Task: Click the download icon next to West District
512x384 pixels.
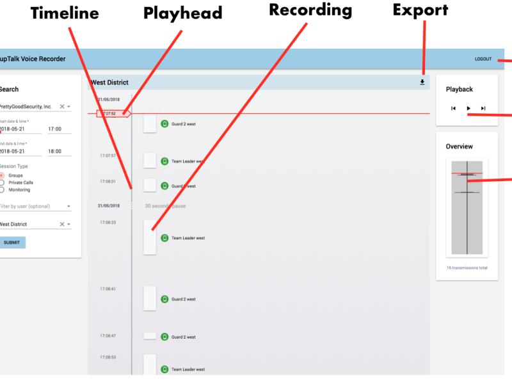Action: tap(422, 82)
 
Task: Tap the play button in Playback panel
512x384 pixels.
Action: tap(468, 108)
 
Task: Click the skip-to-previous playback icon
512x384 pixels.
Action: tap(453, 108)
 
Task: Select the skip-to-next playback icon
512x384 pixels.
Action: tap(483, 108)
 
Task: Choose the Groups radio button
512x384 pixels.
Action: tap(2, 175)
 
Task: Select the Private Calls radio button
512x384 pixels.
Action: tap(2, 182)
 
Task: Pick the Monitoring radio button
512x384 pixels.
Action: tap(2, 189)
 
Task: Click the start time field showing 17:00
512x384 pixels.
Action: tap(58, 129)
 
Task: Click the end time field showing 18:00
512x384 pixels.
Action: tap(58, 152)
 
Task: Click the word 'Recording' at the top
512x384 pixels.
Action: tap(310, 11)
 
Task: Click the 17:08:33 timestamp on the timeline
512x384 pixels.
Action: tap(108, 222)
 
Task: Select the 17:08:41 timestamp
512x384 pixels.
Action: tap(108, 290)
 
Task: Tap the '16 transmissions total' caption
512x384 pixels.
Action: tap(467, 268)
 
